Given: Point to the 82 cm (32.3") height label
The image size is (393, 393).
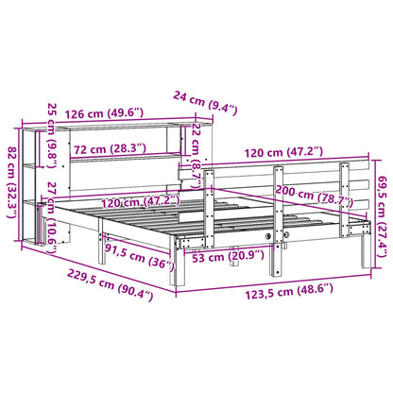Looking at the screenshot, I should [x=11, y=175].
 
